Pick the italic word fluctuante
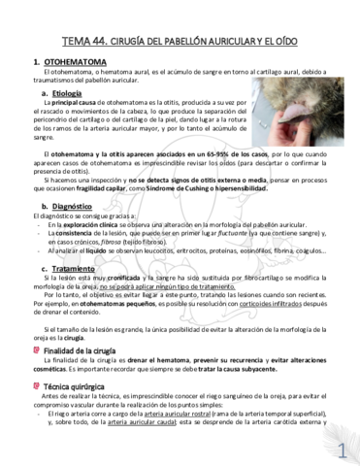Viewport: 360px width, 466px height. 221,234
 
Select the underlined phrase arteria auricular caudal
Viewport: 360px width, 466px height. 149,422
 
